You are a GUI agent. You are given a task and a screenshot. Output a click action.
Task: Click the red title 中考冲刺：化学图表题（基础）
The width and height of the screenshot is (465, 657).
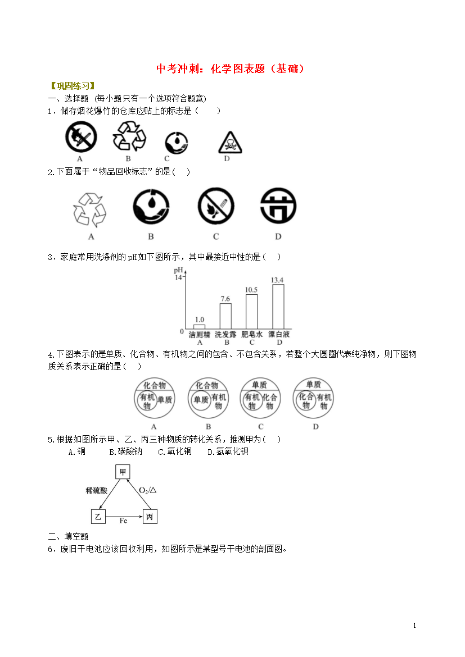[230, 69]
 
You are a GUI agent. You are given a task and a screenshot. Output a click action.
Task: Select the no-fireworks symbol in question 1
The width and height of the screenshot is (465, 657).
[81, 137]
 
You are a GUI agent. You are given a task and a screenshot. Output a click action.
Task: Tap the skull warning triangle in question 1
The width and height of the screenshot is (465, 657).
[230, 143]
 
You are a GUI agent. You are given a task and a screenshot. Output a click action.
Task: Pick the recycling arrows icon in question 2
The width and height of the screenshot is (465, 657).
[90, 209]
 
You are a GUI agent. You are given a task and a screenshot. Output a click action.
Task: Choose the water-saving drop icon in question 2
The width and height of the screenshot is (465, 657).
[151, 207]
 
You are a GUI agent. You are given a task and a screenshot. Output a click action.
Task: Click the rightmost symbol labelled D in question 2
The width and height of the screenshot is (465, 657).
[278, 206]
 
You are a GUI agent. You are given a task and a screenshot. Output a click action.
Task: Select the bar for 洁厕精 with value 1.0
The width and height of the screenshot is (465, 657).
[200, 327]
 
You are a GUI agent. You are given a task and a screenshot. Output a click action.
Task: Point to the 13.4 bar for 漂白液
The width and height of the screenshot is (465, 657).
[278, 307]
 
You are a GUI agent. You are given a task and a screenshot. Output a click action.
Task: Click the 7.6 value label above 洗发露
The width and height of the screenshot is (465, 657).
[225, 299]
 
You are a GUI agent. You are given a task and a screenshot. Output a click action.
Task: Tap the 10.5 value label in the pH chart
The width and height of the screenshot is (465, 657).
[251, 290]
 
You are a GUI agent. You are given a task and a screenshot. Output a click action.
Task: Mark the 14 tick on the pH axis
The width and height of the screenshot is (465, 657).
[178, 277]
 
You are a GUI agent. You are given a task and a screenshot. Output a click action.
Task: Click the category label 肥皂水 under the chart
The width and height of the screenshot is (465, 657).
[252, 334]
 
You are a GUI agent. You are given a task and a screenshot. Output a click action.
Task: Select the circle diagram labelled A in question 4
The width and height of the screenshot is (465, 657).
[154, 398]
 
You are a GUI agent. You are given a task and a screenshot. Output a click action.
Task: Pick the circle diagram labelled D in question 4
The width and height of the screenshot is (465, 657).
[314, 398]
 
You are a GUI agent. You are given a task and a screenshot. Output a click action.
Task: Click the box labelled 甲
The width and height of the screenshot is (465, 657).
[123, 472]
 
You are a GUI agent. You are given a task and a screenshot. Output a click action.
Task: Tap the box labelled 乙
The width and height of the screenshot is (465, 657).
[98, 517]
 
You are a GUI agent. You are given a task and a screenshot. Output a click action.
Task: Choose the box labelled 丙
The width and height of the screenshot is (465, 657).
[150, 517]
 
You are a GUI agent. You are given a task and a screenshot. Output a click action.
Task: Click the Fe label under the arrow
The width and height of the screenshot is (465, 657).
[123, 521]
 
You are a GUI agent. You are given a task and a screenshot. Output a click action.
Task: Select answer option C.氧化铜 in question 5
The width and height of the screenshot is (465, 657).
[175, 451]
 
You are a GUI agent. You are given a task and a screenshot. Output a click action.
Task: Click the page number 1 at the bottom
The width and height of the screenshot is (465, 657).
[414, 626]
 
